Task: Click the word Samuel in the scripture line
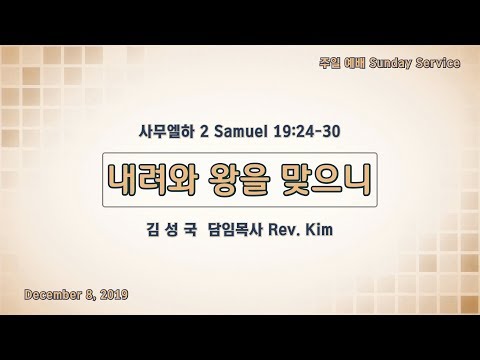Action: pos(241,131)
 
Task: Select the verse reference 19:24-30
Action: pos(307,131)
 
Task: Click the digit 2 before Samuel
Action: pos(204,131)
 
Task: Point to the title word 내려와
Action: pos(153,180)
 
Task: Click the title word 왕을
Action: pos(238,180)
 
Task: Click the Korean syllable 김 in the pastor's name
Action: pos(153,230)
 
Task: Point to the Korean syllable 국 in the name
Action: pos(190,230)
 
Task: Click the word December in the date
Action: pos(53,295)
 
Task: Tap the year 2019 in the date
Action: pos(114,295)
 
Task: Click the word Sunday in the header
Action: pos(390,63)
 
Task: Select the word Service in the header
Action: pos(438,63)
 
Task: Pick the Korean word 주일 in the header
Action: pos(329,63)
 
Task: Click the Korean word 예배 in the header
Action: pos(354,63)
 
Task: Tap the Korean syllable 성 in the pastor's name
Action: pos(171,230)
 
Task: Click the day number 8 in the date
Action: pos(89,295)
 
